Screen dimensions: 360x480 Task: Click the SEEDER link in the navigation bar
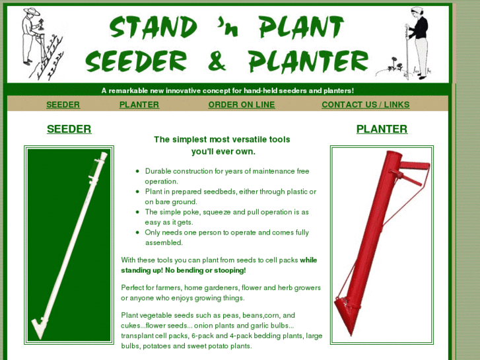[x=63, y=104]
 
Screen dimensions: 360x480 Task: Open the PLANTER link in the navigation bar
[x=139, y=104]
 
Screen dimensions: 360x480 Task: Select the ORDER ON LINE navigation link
[x=241, y=104]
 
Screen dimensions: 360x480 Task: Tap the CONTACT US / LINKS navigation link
[x=365, y=104]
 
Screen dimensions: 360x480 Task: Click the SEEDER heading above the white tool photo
[x=69, y=129]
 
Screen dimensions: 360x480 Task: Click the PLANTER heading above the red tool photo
[x=382, y=129]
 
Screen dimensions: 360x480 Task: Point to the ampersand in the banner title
[x=217, y=61]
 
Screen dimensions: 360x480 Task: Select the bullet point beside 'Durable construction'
[x=137, y=171]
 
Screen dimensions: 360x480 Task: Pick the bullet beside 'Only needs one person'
[x=137, y=233]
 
